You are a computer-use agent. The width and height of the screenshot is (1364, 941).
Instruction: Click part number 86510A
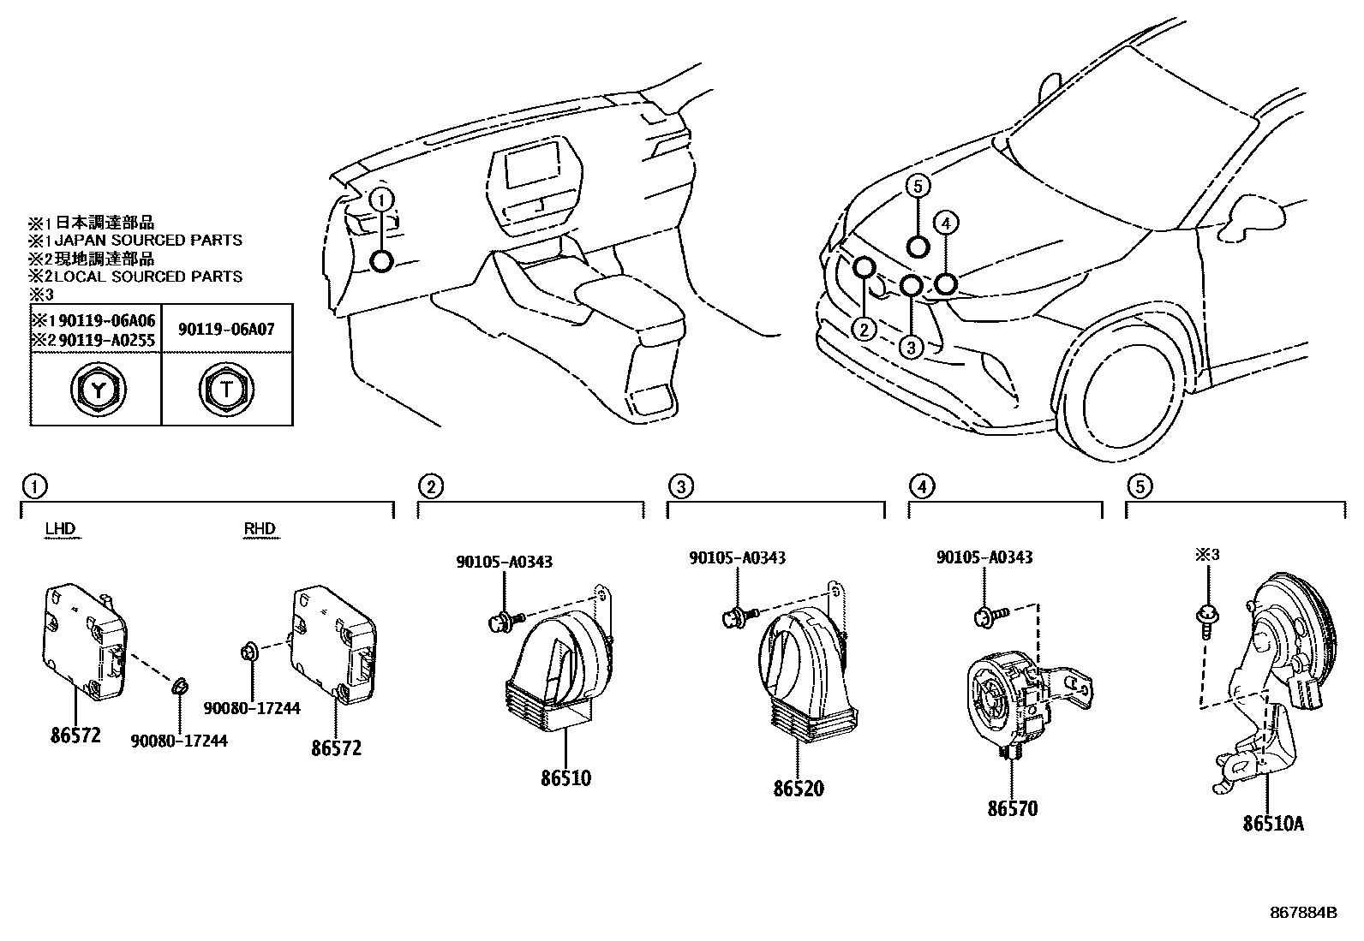click(1273, 824)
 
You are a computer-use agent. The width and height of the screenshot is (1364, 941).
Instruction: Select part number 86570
click(1012, 807)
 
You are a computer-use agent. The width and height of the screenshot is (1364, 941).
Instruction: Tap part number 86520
click(798, 789)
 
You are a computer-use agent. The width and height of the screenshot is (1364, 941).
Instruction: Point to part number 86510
click(565, 778)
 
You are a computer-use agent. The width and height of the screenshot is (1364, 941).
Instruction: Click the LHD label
click(60, 529)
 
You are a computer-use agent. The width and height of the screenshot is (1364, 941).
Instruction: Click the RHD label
click(260, 529)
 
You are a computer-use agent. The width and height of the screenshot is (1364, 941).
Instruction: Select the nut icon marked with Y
click(96, 391)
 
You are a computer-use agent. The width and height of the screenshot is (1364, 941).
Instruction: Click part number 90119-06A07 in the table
click(226, 329)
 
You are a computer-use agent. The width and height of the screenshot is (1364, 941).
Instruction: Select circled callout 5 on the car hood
click(918, 186)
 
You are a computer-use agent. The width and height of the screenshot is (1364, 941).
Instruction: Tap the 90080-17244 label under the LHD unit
click(179, 741)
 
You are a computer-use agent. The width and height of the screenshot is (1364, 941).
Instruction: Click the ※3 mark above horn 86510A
click(1206, 555)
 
